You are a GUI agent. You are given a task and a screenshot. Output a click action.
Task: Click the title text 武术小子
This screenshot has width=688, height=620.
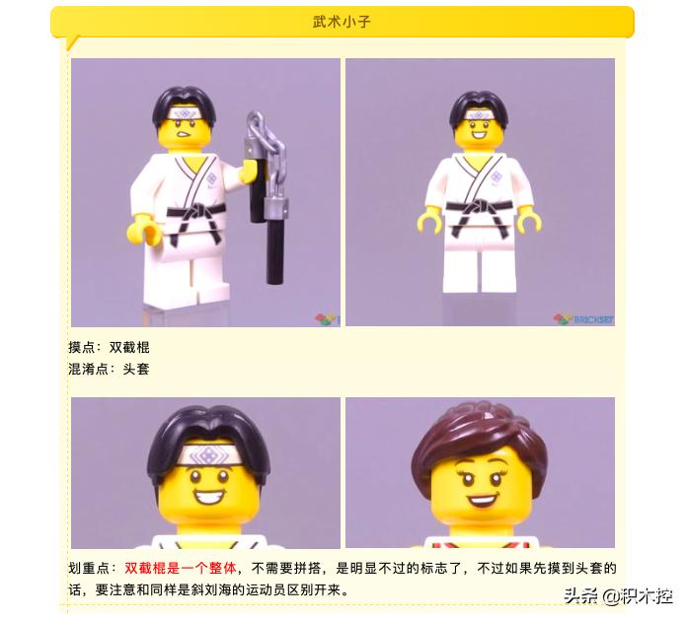click(343, 21)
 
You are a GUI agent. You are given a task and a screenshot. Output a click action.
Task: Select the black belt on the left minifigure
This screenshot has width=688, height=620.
click(192, 217)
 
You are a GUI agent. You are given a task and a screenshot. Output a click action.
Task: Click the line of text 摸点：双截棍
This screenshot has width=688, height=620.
click(109, 348)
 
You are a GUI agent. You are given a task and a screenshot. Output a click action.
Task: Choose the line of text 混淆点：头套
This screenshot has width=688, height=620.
click(109, 370)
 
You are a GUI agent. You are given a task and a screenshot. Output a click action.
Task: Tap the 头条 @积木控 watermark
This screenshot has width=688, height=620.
click(618, 595)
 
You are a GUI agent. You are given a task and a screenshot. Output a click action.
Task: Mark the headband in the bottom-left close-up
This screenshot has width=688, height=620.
click(206, 456)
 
